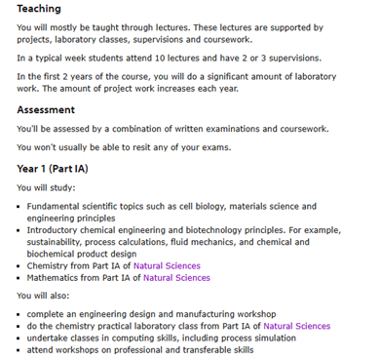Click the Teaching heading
(39, 9)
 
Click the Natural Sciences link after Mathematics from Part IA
(176, 278)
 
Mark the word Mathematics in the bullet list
(57, 278)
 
